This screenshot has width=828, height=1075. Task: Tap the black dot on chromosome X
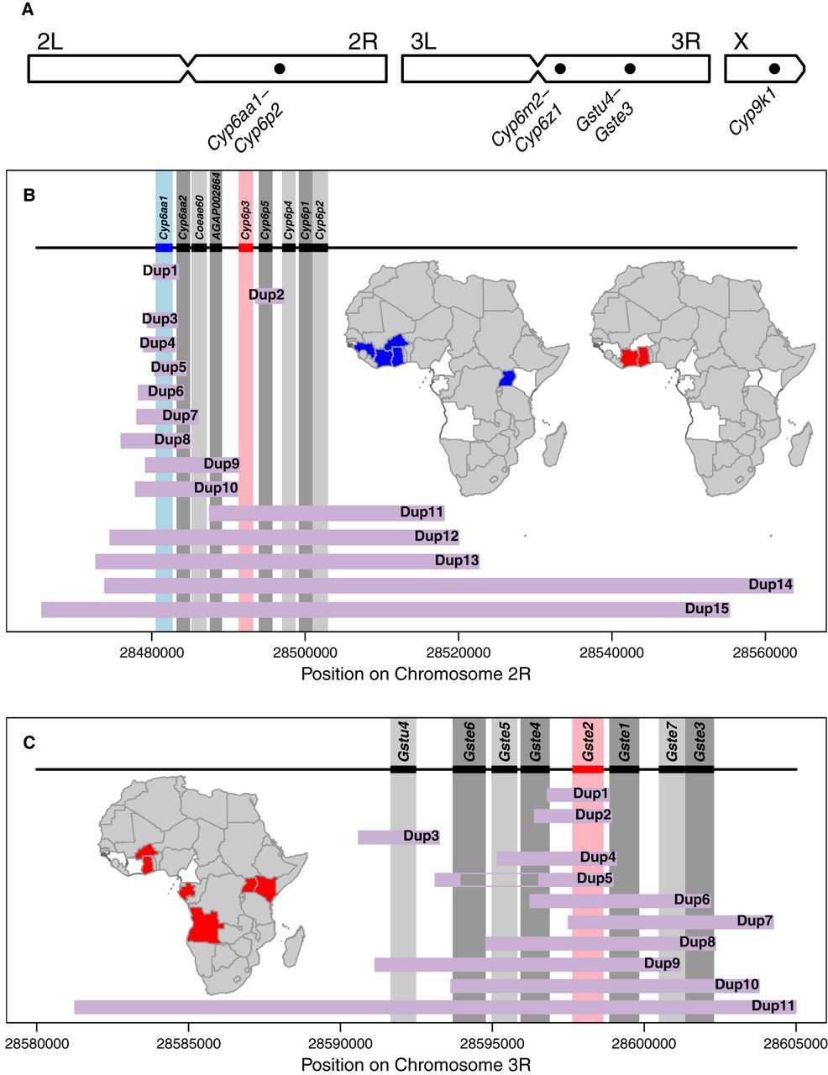(x=774, y=68)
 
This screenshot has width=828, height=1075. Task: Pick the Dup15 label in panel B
(x=706, y=609)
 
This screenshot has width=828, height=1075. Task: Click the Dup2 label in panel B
(x=267, y=295)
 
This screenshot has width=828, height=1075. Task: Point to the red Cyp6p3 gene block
(x=246, y=248)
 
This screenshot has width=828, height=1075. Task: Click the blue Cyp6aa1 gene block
(x=164, y=248)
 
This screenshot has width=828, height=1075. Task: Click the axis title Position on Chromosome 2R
(x=416, y=674)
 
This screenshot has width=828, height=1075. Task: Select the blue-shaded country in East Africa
(x=506, y=379)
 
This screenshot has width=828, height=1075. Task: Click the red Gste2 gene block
(x=588, y=769)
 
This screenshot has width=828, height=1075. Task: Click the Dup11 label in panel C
(x=773, y=1005)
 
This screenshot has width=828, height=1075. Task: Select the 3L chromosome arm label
(x=423, y=42)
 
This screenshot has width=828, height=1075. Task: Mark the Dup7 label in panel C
(x=754, y=921)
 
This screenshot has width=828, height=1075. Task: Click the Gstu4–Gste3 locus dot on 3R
(x=630, y=68)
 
